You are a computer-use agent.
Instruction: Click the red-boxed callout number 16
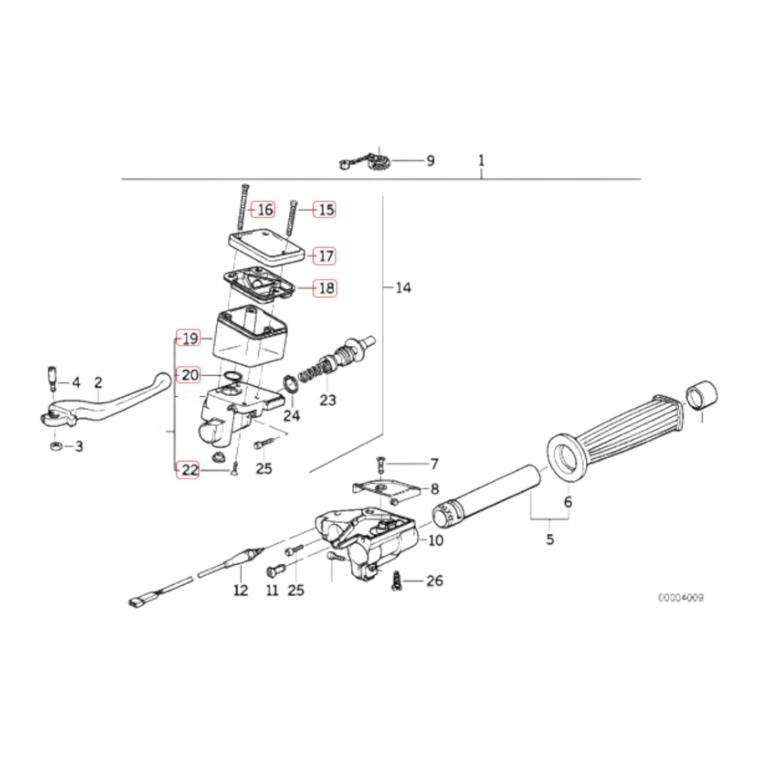click(x=263, y=209)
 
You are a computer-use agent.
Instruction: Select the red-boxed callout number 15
click(x=325, y=209)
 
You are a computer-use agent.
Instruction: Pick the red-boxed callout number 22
click(x=188, y=470)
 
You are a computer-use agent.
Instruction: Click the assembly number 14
click(x=403, y=288)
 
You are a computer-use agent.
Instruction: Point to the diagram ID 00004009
click(x=681, y=598)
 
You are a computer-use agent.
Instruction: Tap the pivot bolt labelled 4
click(x=52, y=377)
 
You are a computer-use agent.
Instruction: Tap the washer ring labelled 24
click(x=290, y=384)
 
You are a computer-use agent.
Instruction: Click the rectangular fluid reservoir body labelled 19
click(x=250, y=338)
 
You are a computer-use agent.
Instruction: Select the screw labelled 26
click(x=396, y=582)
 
